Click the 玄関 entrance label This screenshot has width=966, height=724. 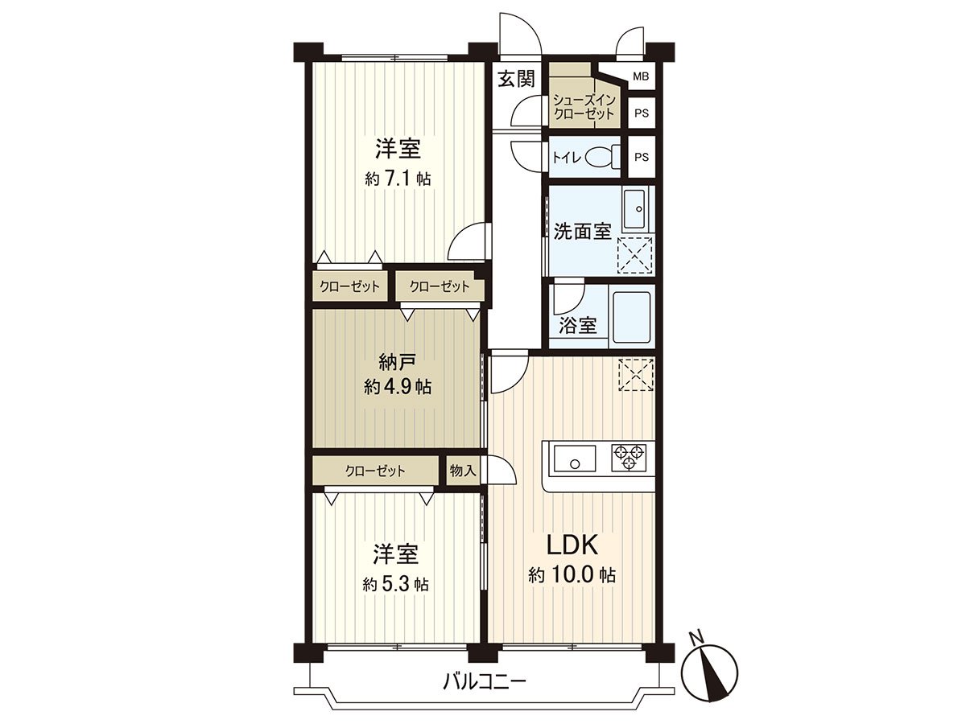click(x=515, y=79)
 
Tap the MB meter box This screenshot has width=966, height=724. click(x=641, y=77)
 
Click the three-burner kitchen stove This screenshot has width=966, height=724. click(x=630, y=458)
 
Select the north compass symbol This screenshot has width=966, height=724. click(x=709, y=667)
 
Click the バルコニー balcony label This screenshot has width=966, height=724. click(x=485, y=683)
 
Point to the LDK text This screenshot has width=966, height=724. click(x=572, y=546)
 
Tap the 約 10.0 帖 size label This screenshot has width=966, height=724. click(x=572, y=576)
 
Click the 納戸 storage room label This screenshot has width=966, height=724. click(x=398, y=360)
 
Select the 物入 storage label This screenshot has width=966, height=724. click(x=462, y=471)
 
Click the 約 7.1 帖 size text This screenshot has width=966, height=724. click(x=398, y=179)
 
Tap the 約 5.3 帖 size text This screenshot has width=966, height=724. click(x=395, y=584)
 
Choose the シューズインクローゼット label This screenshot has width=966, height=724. click(x=584, y=106)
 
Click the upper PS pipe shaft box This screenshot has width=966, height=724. click(x=641, y=113)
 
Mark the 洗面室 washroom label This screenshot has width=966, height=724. click(x=582, y=232)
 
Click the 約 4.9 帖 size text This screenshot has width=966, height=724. click(x=398, y=388)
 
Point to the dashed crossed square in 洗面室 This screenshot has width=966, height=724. click(x=634, y=256)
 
